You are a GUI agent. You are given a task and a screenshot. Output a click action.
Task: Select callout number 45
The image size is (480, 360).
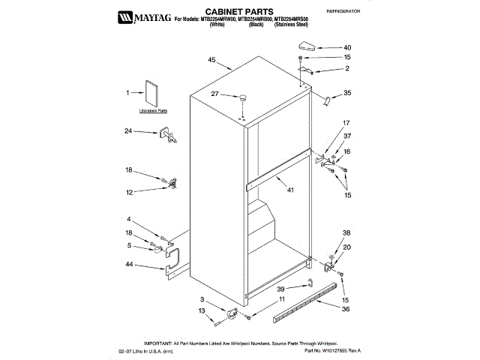pos(212,60)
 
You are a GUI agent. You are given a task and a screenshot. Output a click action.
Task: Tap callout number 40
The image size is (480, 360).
pos(347,47)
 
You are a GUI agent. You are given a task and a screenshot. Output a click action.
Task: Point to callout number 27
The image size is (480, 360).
pos(214,94)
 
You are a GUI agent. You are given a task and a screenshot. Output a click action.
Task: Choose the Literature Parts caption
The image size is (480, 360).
pos(153,111)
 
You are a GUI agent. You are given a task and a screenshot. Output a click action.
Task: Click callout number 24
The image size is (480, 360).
pos(128,131)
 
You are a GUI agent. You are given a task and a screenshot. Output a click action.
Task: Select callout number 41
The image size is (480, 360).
pos(291,190)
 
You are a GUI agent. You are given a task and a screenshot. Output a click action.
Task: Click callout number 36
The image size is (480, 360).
pos(346,309)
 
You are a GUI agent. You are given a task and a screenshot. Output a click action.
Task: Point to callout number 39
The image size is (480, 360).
pos(280,289)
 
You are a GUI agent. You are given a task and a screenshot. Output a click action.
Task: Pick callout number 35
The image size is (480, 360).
pos(347,94)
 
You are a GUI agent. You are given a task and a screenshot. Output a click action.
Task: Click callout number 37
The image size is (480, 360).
pos(347,136)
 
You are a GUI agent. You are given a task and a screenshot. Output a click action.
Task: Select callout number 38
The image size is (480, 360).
pos(346,233)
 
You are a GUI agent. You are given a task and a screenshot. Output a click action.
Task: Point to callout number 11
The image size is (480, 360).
pos(283,300)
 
